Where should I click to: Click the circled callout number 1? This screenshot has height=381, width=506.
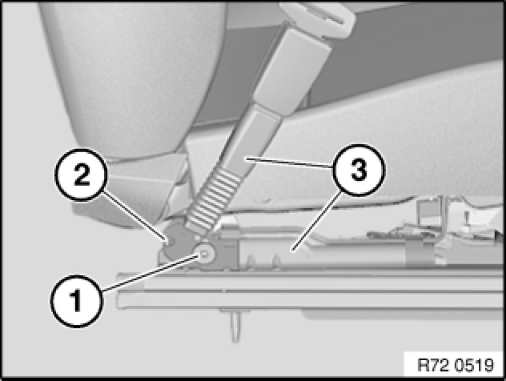(x=76, y=301)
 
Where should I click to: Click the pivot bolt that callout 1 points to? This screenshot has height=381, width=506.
(x=205, y=253)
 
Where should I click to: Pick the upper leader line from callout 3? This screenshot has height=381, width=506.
(x=289, y=162)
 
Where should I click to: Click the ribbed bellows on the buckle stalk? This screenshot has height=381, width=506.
(x=213, y=202)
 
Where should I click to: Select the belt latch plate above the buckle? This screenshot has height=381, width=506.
(x=318, y=19)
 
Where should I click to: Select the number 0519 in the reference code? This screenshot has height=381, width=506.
(x=475, y=365)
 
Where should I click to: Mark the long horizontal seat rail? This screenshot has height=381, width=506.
(x=310, y=290)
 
